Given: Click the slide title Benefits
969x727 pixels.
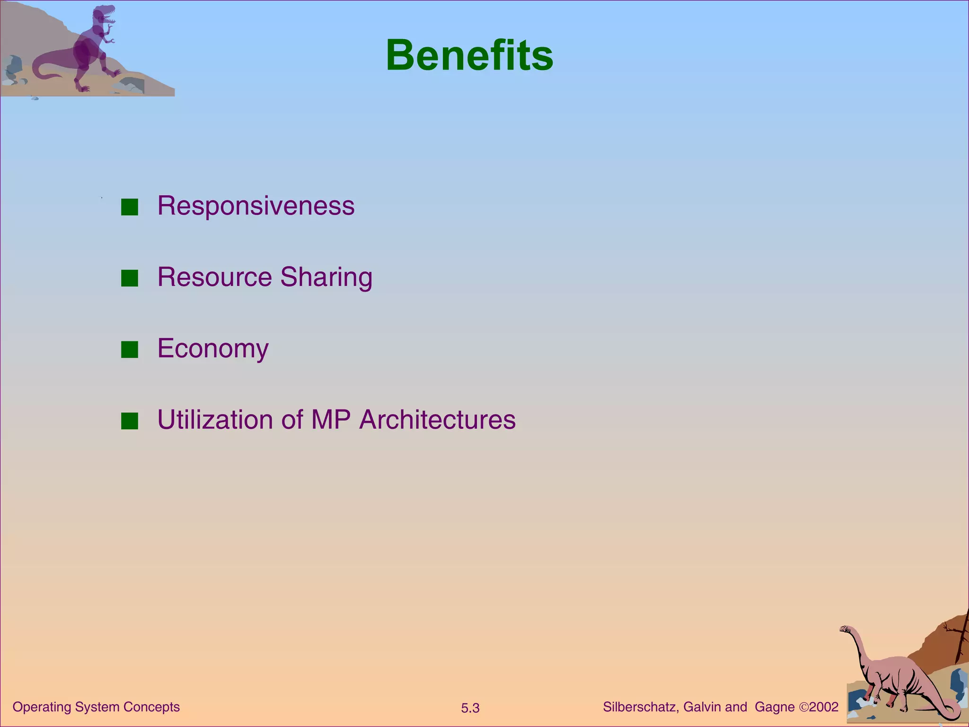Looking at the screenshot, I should [469, 56].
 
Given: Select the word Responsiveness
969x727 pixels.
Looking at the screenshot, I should [255, 206].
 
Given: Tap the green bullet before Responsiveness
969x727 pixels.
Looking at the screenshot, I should [129, 207].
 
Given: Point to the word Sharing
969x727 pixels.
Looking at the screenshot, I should [326, 278].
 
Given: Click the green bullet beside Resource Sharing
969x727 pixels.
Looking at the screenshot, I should [129, 278].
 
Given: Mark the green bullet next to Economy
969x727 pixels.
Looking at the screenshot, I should [129, 350].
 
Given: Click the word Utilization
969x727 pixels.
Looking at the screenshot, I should [215, 419].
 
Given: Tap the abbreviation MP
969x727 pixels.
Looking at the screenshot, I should [330, 419].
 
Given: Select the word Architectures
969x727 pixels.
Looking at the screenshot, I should [437, 419].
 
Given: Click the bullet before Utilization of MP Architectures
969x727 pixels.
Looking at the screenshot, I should [129, 421].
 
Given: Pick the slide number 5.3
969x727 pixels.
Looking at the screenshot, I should [470, 708].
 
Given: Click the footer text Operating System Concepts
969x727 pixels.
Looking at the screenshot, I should [96, 707].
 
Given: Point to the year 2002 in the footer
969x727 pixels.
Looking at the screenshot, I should [824, 707].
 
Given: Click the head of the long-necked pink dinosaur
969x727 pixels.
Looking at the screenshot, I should [846, 629].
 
